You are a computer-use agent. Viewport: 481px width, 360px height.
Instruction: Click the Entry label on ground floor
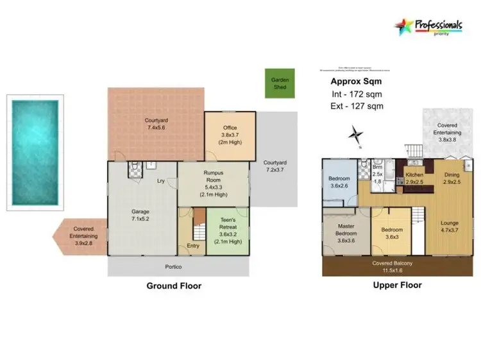192,245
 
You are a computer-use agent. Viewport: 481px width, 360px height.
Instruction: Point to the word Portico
174,266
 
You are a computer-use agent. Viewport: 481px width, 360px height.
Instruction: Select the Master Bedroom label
346,236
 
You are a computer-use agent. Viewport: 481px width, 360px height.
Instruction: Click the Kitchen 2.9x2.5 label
414,178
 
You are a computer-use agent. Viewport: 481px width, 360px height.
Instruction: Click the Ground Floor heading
174,286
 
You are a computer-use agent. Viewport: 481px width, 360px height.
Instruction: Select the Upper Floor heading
397,285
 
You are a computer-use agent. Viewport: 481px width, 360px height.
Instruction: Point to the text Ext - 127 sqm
355,107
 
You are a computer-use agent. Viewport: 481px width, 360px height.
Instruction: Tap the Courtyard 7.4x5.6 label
156,124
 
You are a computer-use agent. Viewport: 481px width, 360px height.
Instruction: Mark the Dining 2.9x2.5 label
451,178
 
